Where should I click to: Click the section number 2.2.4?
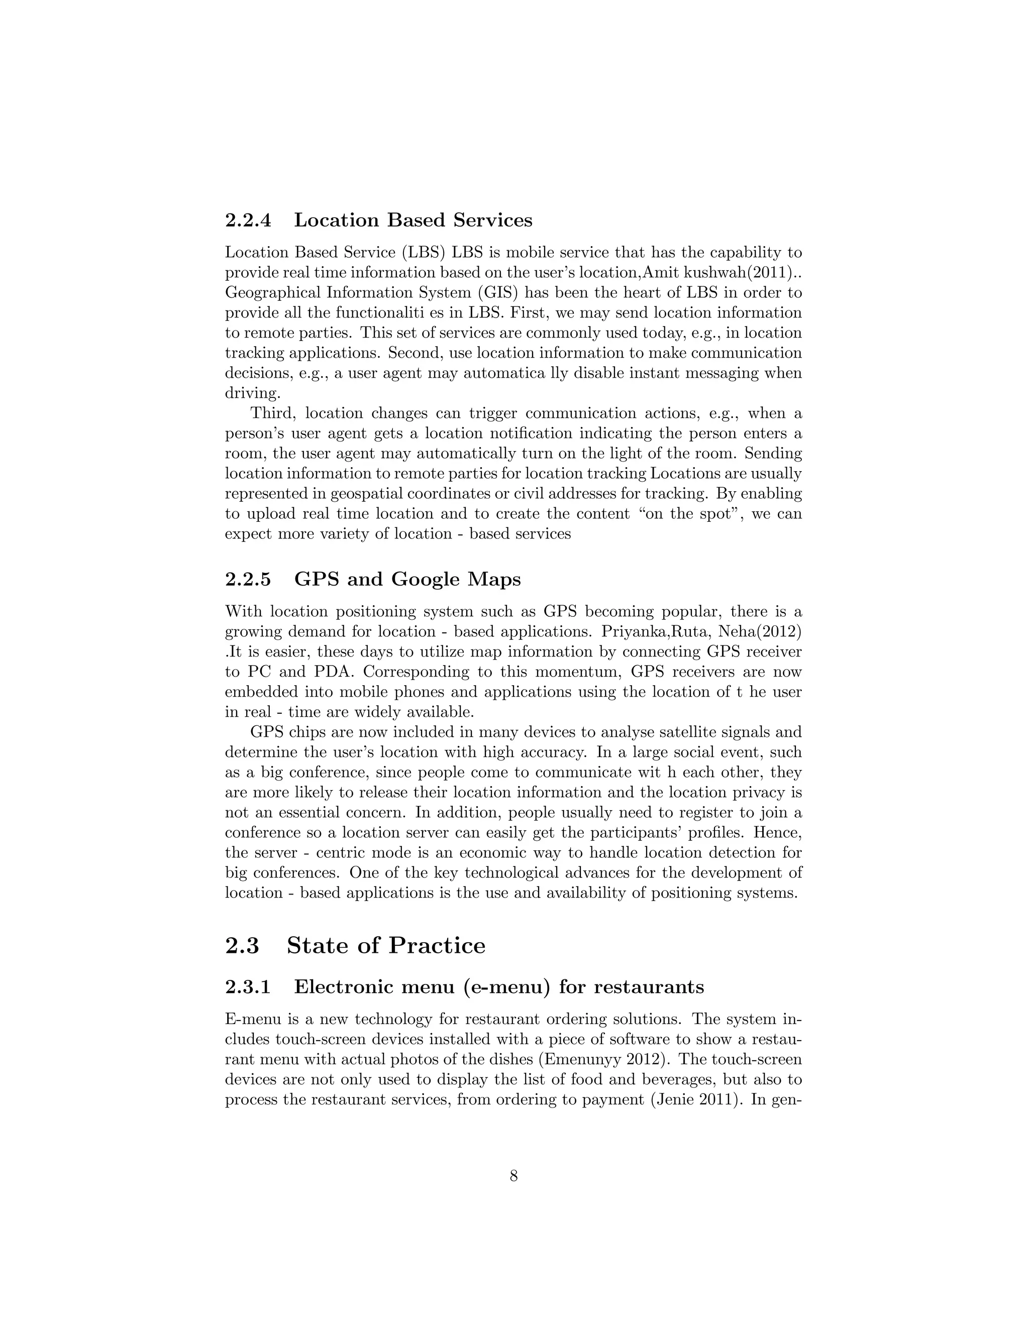click(248, 220)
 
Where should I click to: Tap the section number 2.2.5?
click(248, 579)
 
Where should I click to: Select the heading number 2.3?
click(242, 946)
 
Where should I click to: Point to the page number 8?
click(514, 1176)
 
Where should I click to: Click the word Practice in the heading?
click(437, 946)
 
